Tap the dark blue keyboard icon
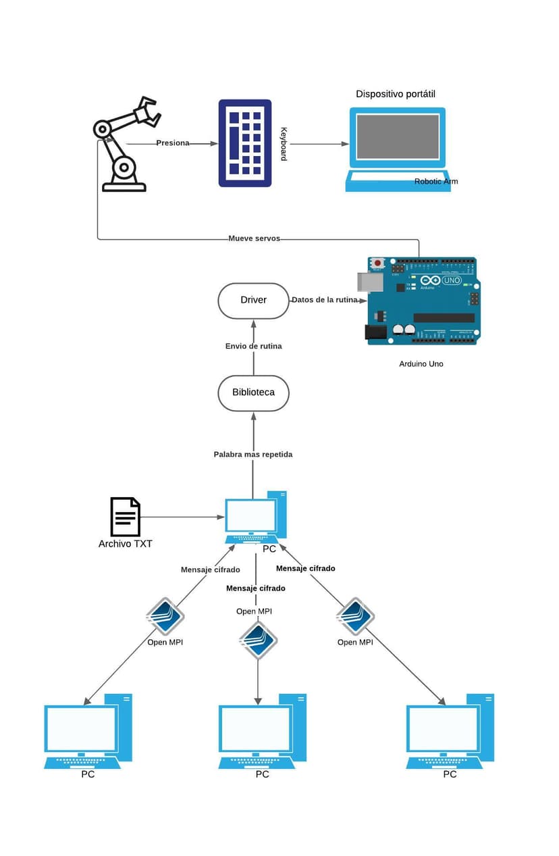pyautogui.click(x=245, y=143)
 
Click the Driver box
pyautogui.click(x=253, y=300)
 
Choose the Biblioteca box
pyautogui.click(x=253, y=393)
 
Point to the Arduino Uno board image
pyautogui.click(x=422, y=301)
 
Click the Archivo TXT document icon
pyautogui.click(x=126, y=517)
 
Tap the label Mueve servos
pyautogui.click(x=254, y=238)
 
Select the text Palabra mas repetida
pyautogui.click(x=253, y=455)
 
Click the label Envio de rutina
pyautogui.click(x=253, y=346)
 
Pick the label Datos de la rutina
pyautogui.click(x=324, y=300)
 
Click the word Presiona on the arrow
pyautogui.click(x=173, y=143)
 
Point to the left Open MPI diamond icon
pyautogui.click(x=165, y=616)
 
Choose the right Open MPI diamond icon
pyautogui.click(x=355, y=616)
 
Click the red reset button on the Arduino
pyautogui.click(x=377, y=262)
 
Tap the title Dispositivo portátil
pyautogui.click(x=396, y=94)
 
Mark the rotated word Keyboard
pyautogui.click(x=284, y=144)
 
